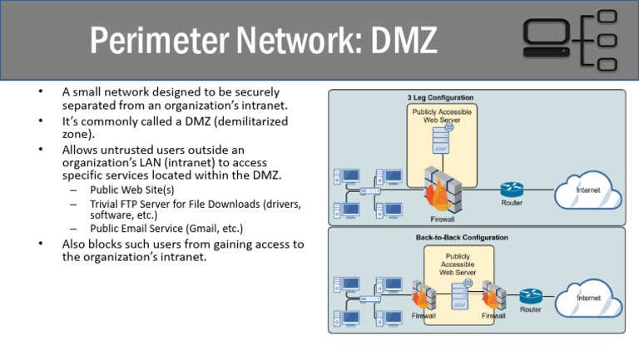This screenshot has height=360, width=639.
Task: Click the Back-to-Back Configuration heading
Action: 462,237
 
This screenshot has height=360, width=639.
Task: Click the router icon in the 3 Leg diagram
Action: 512,190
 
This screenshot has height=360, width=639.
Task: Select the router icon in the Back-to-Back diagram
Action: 530,296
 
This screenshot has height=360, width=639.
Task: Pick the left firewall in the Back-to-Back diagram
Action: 422,295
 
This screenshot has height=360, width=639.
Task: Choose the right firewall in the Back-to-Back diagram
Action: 493,295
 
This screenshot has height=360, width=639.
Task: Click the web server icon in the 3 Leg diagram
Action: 441,145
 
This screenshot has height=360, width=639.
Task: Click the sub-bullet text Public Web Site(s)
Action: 131,190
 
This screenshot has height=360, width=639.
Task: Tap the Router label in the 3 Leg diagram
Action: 512,204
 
